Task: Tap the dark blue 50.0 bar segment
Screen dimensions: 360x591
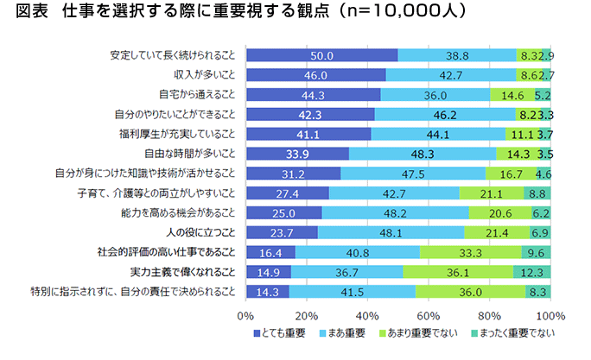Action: (321, 55)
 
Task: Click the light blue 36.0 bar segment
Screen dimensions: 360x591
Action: (435, 95)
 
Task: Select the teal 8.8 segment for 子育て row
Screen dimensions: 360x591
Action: (537, 193)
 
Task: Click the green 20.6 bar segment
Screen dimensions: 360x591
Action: (500, 213)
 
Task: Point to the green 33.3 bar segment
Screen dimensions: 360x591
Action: (471, 253)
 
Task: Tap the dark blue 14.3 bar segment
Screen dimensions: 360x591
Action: (267, 293)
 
